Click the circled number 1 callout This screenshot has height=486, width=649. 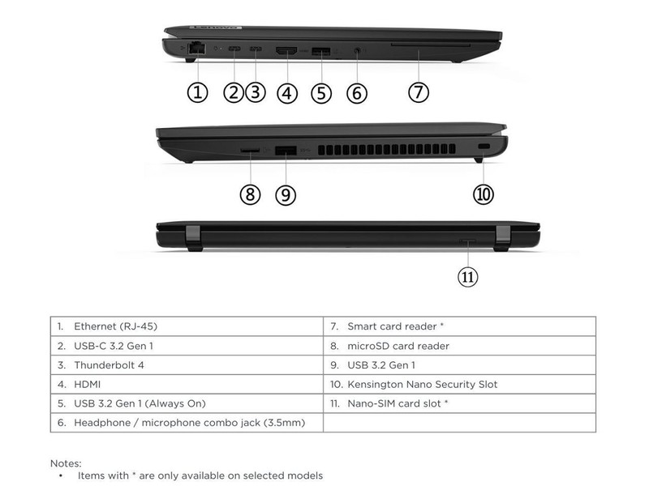(x=197, y=92)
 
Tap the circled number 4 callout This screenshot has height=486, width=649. (x=287, y=93)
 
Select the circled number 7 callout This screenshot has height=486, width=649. (x=419, y=92)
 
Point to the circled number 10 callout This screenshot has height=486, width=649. (x=483, y=194)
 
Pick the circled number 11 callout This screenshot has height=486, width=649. (x=468, y=276)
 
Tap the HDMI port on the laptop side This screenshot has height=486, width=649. (x=286, y=51)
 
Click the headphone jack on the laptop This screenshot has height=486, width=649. (x=357, y=51)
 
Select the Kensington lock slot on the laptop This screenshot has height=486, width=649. (x=484, y=147)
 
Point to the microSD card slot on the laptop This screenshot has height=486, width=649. (x=250, y=150)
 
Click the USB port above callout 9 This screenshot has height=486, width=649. (x=286, y=150)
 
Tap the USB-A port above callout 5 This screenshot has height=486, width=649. (x=320, y=52)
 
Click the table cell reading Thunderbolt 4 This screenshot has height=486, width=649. (x=187, y=365)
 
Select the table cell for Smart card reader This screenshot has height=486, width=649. (x=459, y=326)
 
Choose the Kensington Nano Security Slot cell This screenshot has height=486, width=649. (x=459, y=384)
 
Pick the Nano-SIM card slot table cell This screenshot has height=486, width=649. (x=459, y=403)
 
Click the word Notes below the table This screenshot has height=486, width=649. (x=66, y=463)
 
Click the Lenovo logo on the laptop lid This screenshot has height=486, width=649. (x=216, y=28)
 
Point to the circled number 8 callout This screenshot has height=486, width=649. (x=250, y=194)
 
